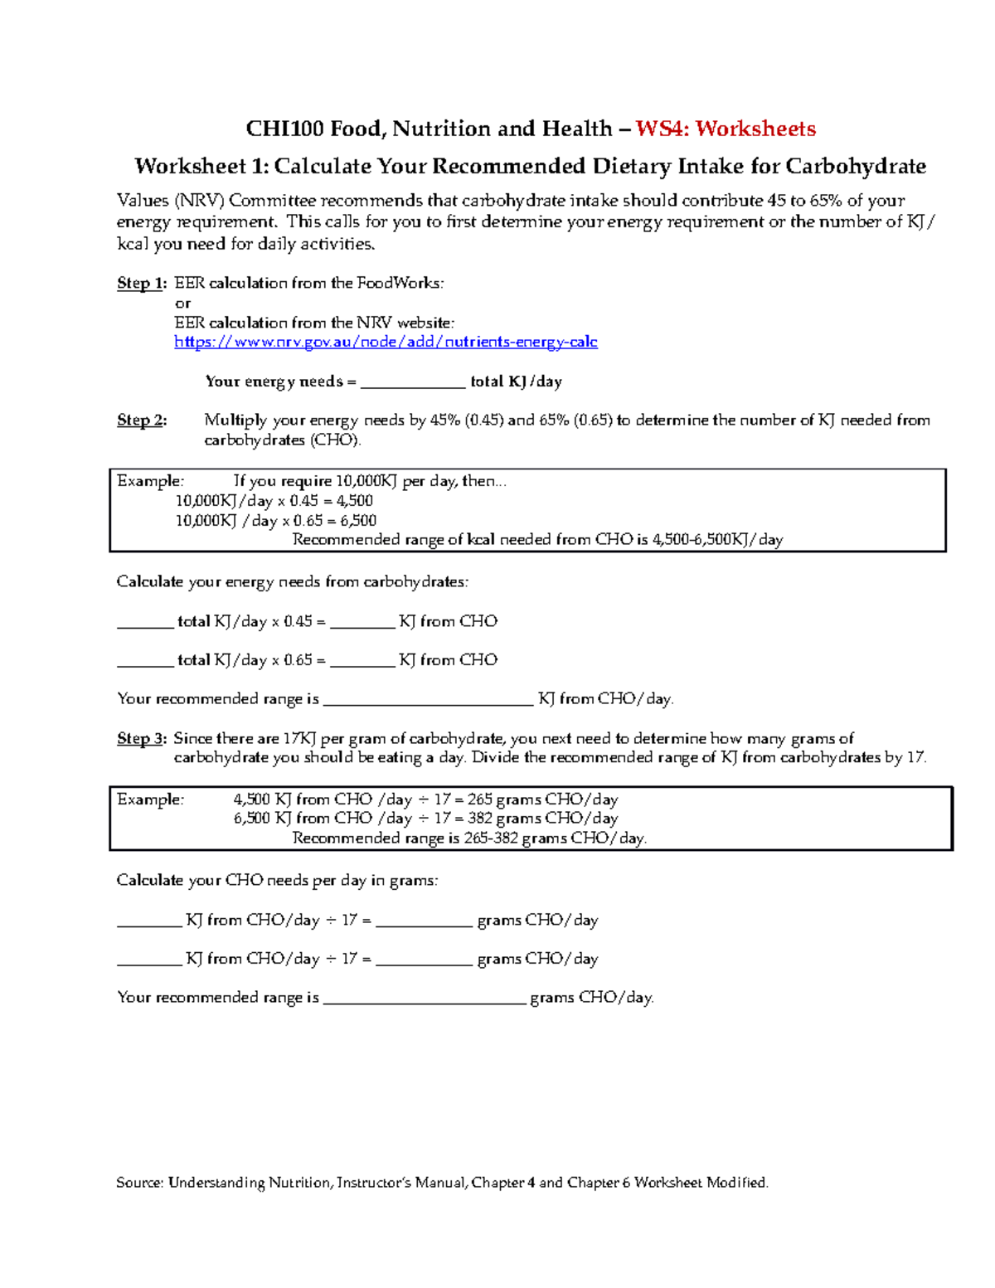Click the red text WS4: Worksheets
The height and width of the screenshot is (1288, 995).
pyautogui.click(x=726, y=129)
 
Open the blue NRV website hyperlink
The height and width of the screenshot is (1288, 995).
pyautogui.click(x=386, y=342)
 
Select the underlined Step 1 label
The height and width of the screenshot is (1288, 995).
pyautogui.click(x=141, y=283)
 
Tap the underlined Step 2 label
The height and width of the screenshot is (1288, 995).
pyautogui.click(x=141, y=420)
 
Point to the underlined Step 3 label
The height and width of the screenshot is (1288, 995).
pyautogui.click(x=141, y=738)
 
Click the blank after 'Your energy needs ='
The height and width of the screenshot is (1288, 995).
pyautogui.click(x=413, y=382)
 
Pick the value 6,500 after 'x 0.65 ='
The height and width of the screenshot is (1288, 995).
pyautogui.click(x=357, y=521)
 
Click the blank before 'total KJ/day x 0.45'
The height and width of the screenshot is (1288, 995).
pyautogui.click(x=145, y=622)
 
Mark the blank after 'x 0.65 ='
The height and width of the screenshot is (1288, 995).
pyautogui.click(x=362, y=661)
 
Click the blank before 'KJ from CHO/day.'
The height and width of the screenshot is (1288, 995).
pyautogui.click(x=427, y=700)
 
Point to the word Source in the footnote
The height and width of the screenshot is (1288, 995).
pyautogui.click(x=138, y=1183)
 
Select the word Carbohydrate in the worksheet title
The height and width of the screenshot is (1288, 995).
pyautogui.click(x=855, y=167)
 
